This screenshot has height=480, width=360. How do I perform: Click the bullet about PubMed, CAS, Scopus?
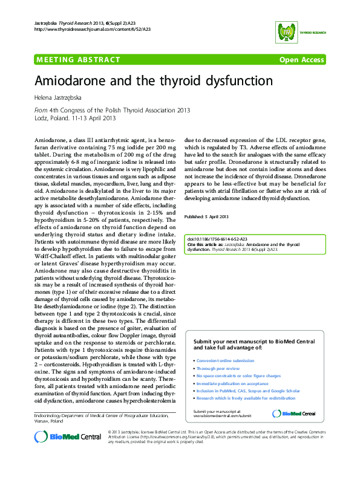(x=240, y=391)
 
